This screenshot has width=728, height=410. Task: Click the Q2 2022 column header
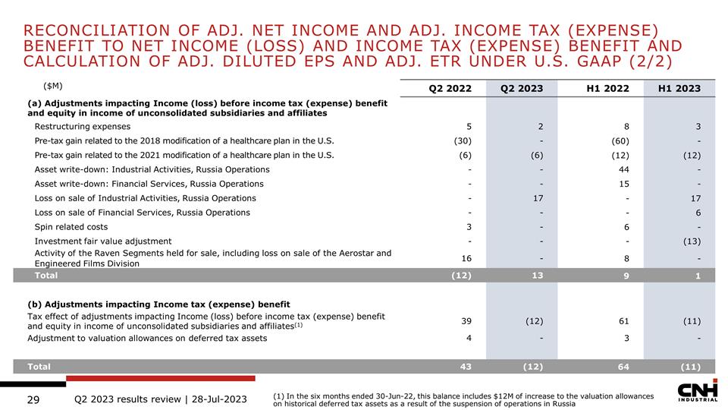click(450, 88)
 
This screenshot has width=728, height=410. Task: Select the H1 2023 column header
click(679, 88)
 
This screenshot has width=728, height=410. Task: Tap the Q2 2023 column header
click(521, 88)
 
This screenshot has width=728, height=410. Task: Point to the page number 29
click(33, 399)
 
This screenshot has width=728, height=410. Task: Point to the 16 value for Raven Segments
click(466, 258)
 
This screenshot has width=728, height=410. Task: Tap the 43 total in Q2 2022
click(466, 367)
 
